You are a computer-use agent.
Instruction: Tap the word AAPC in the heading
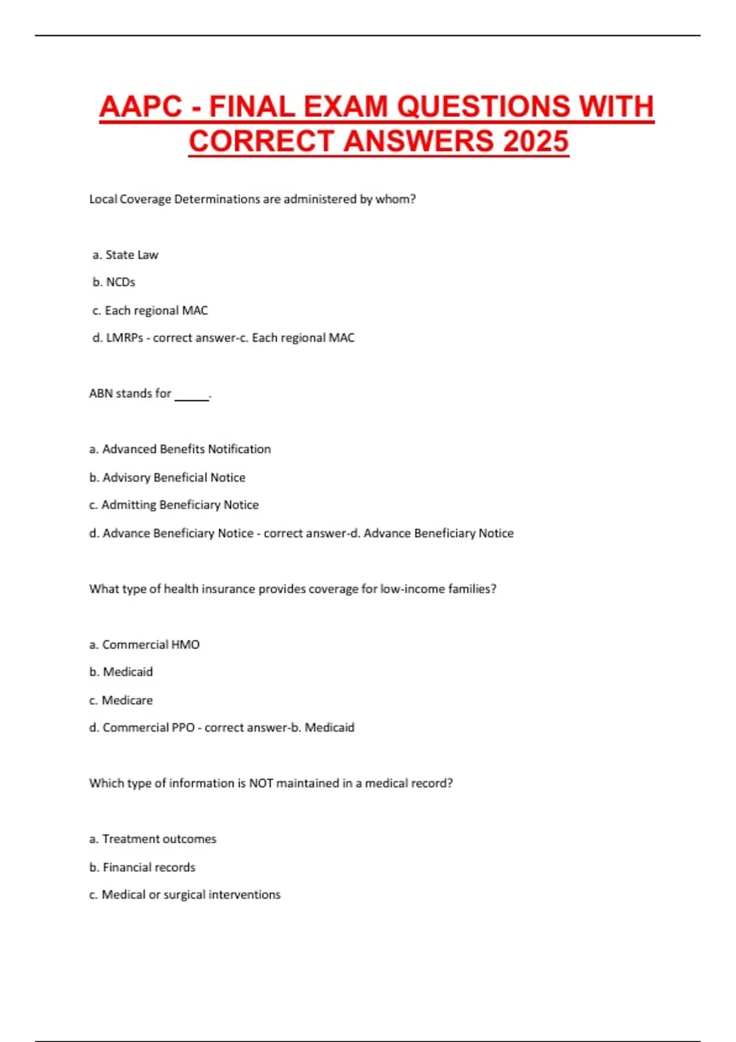(140, 107)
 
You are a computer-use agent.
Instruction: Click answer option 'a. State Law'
(125, 254)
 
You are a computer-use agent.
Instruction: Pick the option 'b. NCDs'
(114, 282)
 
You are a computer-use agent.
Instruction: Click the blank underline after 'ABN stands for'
(191, 397)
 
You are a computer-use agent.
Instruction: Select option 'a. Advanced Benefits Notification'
(180, 449)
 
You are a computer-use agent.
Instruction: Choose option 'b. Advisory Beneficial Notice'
(167, 477)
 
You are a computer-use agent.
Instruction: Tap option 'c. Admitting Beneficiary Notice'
(174, 505)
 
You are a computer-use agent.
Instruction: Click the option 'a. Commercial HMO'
(144, 645)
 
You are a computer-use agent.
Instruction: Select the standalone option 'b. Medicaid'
(121, 672)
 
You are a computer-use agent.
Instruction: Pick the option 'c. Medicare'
(121, 700)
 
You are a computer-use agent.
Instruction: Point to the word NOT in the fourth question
(261, 783)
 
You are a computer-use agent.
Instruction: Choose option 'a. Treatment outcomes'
(153, 839)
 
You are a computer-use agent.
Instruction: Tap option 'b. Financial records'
(142, 867)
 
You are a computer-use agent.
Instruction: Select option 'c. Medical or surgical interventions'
(185, 895)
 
